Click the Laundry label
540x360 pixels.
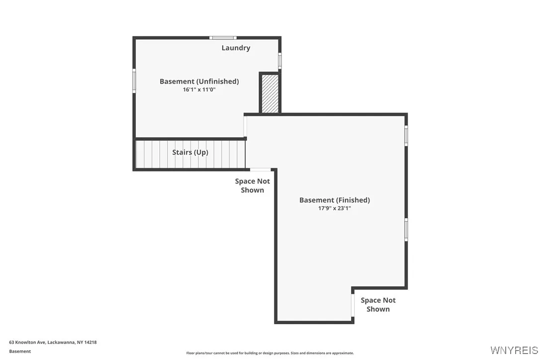click(x=236, y=48)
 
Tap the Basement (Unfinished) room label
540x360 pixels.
click(x=199, y=82)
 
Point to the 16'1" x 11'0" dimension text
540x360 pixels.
click(x=199, y=90)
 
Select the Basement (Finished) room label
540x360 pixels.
click(x=334, y=200)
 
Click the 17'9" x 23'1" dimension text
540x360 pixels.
click(x=334, y=208)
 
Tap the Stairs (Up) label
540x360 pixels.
click(x=190, y=152)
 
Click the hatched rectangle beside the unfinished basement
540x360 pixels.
click(x=270, y=93)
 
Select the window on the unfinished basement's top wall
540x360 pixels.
click(x=222, y=38)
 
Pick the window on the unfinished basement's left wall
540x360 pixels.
click(x=134, y=80)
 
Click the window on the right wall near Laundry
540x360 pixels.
click(x=279, y=61)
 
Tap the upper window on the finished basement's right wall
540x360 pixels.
click(x=406, y=135)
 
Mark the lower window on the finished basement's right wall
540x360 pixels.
click(x=406, y=230)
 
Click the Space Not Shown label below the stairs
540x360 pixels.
click(x=252, y=185)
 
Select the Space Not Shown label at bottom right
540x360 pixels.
click(x=378, y=304)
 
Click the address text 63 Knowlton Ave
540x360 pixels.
click(x=53, y=342)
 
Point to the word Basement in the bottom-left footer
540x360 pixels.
click(x=20, y=351)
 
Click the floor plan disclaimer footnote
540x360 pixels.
click(x=270, y=353)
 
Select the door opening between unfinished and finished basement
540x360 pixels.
click(x=246, y=126)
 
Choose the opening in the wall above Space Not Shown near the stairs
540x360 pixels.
click(x=260, y=170)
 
